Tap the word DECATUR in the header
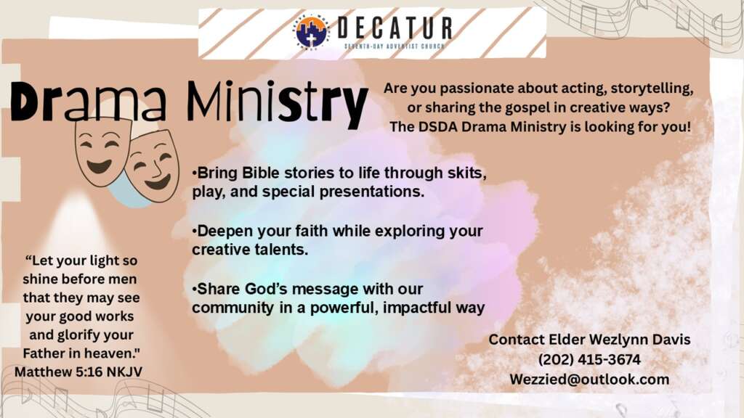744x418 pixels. click(x=395, y=28)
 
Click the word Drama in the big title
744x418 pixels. click(x=89, y=102)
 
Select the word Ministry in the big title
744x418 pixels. click(x=277, y=103)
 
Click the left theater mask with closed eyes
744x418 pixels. click(x=102, y=151)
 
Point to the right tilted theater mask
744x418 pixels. click(x=153, y=166)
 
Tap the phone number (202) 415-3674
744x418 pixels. click(x=589, y=360)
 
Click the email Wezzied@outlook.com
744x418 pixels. click(x=589, y=380)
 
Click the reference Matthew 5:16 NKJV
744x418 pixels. click(x=78, y=372)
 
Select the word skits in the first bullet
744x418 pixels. click(x=467, y=173)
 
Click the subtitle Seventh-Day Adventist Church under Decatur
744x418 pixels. click(x=395, y=46)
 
